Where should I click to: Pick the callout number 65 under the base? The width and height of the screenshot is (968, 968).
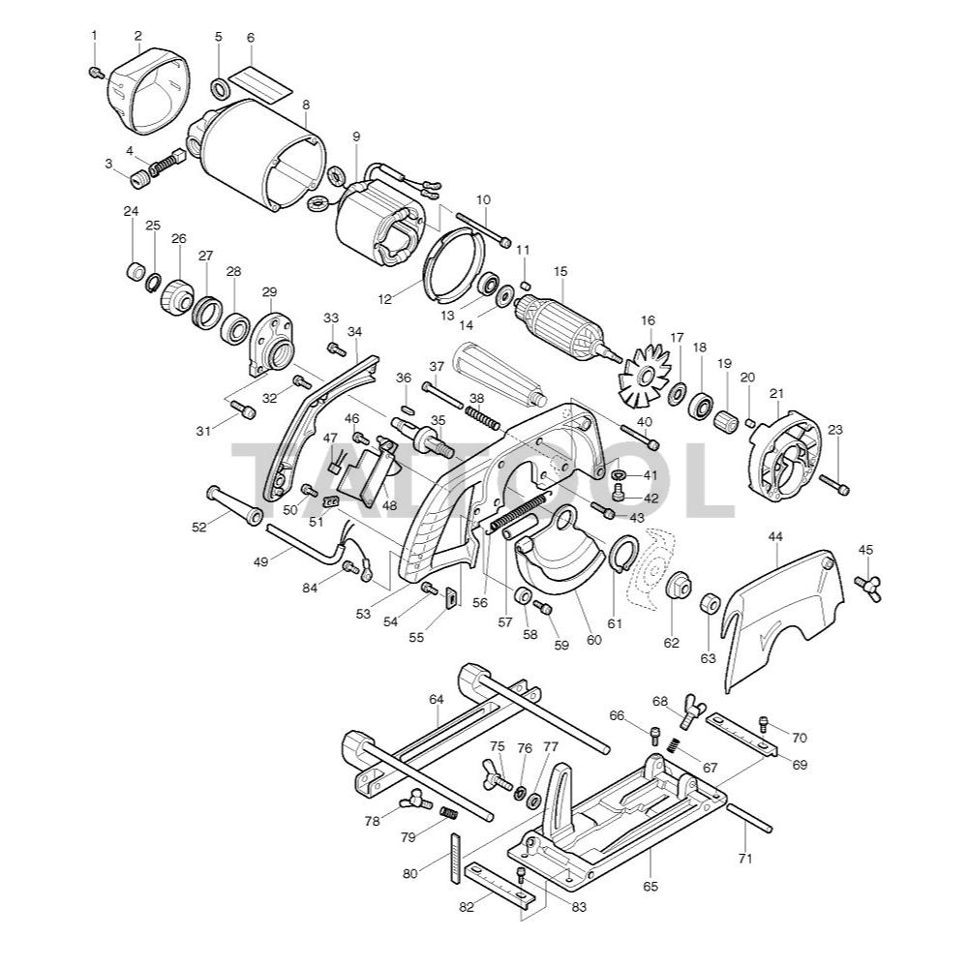click(x=650, y=886)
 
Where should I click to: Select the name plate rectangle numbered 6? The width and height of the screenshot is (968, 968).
click(x=260, y=79)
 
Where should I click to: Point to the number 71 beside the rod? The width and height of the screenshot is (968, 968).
click(x=744, y=859)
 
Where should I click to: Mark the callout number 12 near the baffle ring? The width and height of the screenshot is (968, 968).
click(x=384, y=299)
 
